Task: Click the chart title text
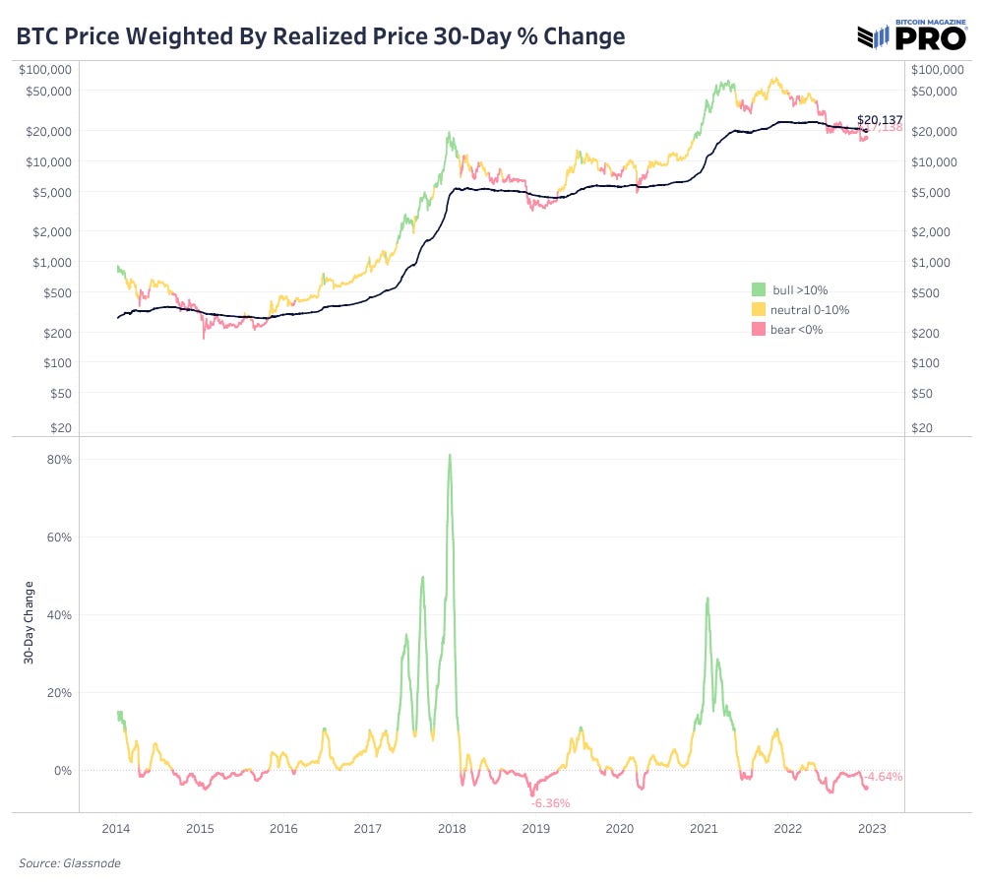pyautogui.click(x=321, y=36)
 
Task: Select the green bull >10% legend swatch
pyautogui.click(x=758, y=289)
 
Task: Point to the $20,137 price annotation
pyautogui.click(x=880, y=119)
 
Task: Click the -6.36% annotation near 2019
pyautogui.click(x=550, y=803)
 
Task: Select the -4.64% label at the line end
pyautogui.click(x=883, y=776)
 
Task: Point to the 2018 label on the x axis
pyautogui.click(x=451, y=829)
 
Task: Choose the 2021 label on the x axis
pyautogui.click(x=704, y=829)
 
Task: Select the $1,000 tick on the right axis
pyautogui.click(x=932, y=262)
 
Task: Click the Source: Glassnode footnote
pyautogui.click(x=70, y=863)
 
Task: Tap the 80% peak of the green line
pyautogui.click(x=450, y=455)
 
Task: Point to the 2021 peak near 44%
pyautogui.click(x=707, y=598)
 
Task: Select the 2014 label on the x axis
pyautogui.click(x=115, y=829)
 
